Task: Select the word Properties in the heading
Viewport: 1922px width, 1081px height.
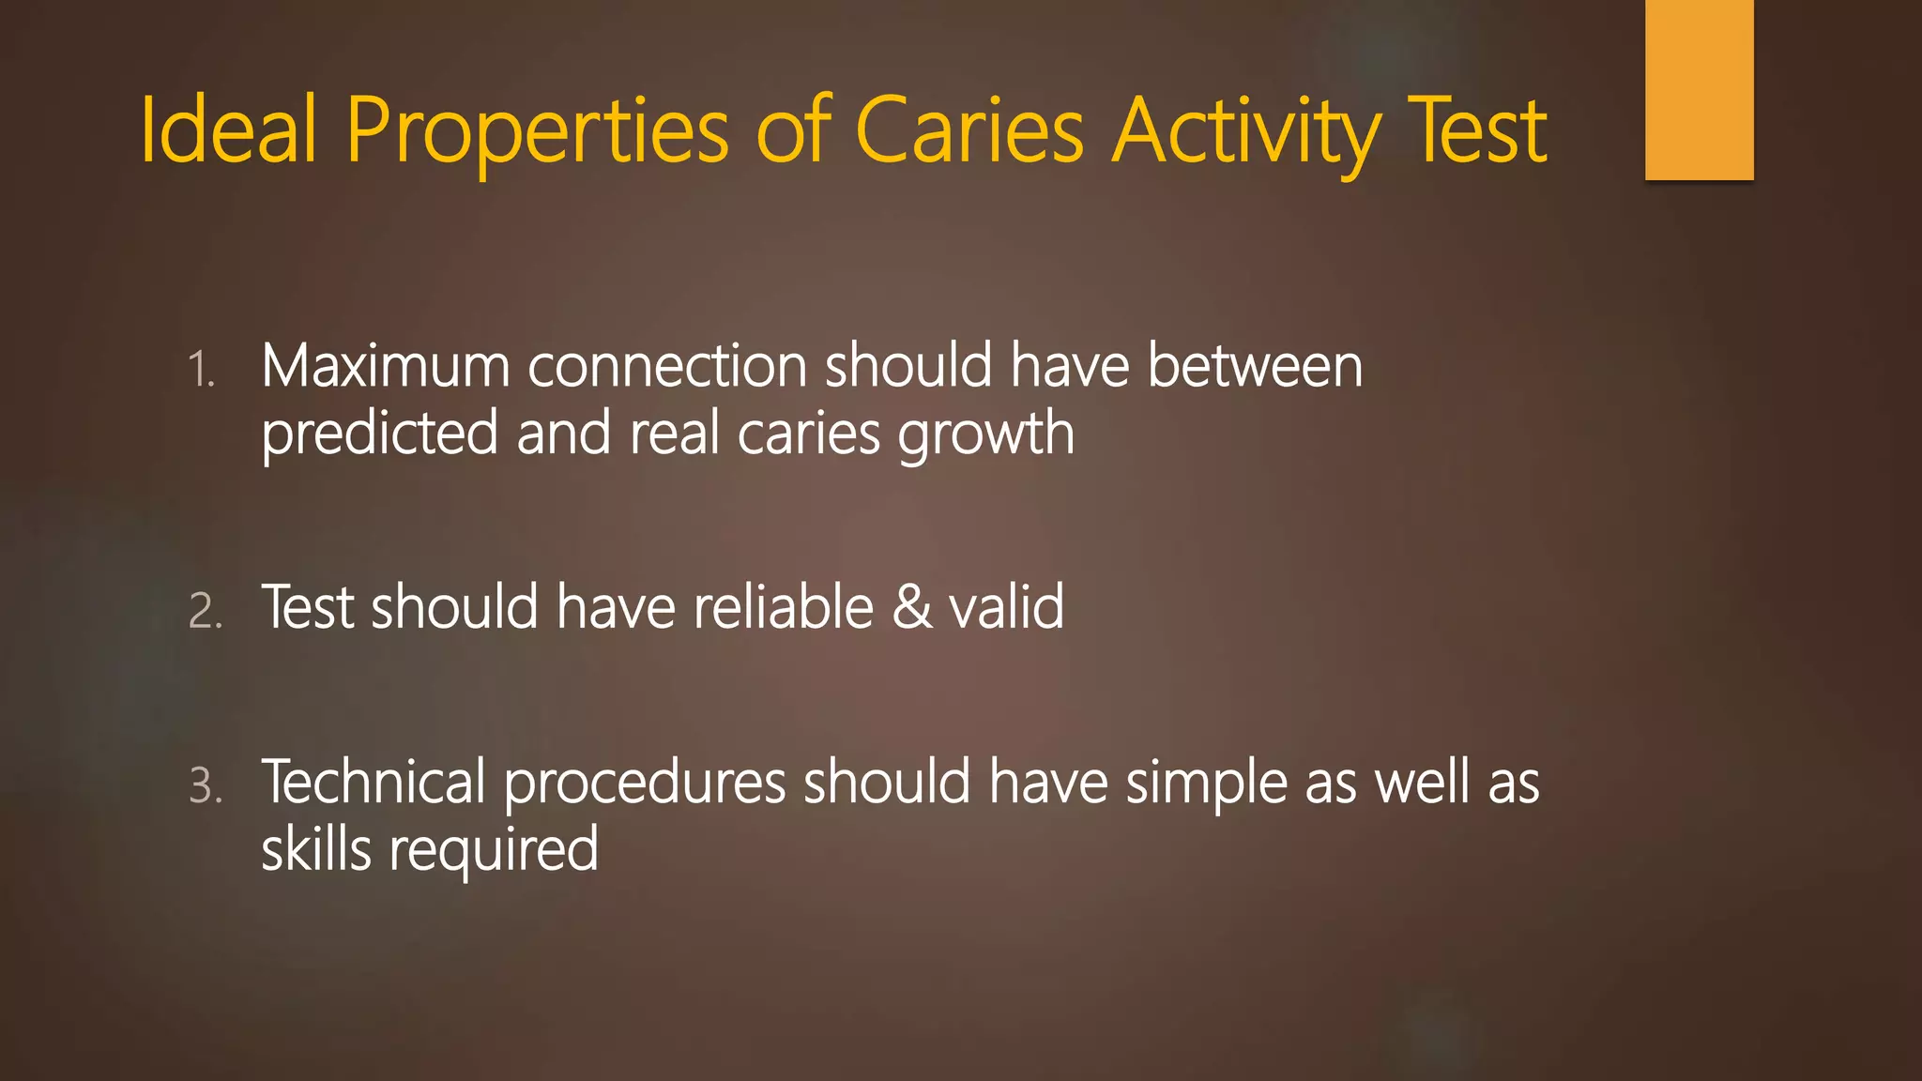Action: (x=537, y=130)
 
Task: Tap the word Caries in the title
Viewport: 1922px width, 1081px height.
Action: (x=969, y=130)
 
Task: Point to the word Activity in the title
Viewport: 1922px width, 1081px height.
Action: (x=1248, y=130)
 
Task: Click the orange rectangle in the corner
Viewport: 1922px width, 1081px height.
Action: (x=1699, y=89)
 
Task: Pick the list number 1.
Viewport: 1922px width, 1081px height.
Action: (x=201, y=369)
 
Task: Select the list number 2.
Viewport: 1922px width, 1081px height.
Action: (x=206, y=611)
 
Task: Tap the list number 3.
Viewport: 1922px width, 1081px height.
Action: (x=206, y=785)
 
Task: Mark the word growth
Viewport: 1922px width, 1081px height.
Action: (x=985, y=434)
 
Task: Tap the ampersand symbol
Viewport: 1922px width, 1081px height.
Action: (x=911, y=606)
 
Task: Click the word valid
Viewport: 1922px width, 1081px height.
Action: (x=1006, y=606)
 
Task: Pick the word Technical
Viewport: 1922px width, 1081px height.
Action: (x=374, y=782)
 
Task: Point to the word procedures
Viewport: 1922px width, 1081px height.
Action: (x=645, y=784)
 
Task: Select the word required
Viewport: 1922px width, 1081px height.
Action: (x=494, y=850)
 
